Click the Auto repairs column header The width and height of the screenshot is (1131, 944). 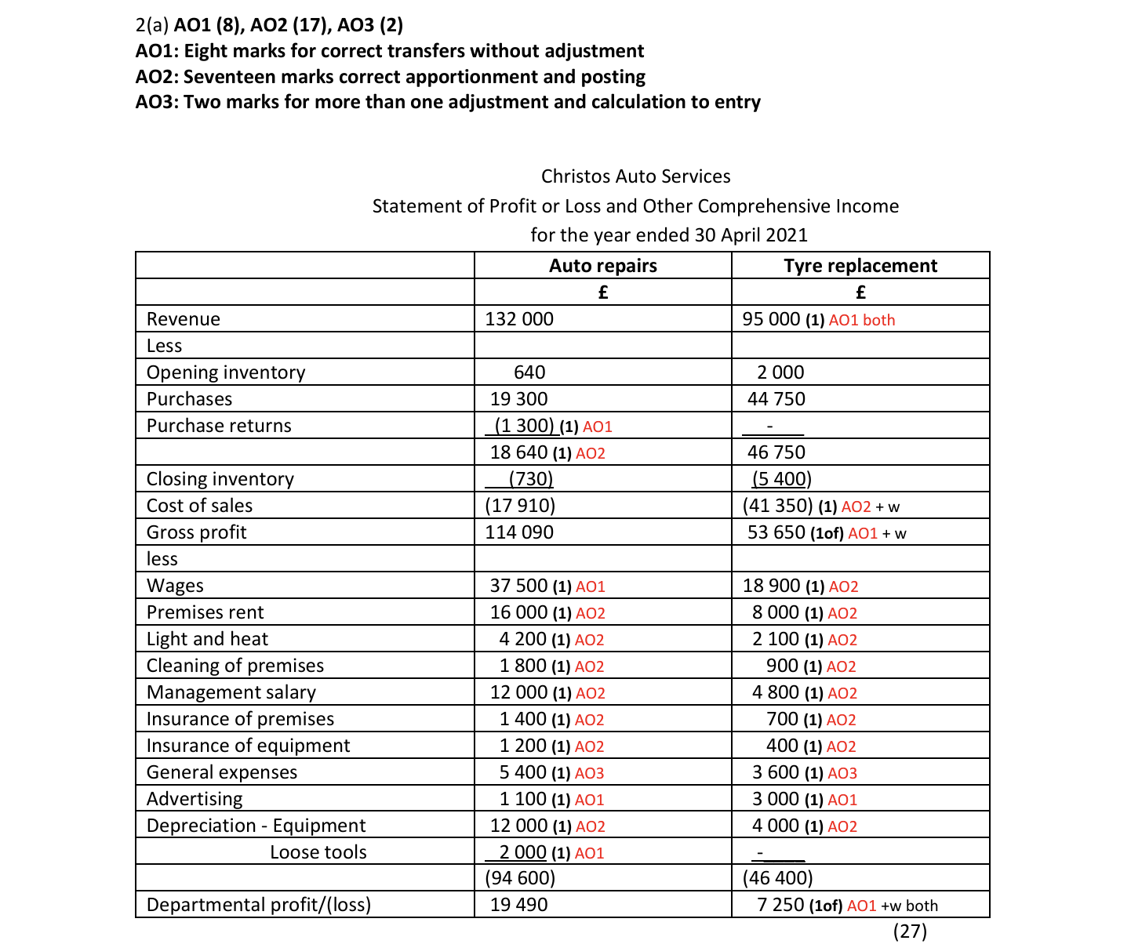click(x=602, y=266)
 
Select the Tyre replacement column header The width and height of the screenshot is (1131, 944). click(x=860, y=266)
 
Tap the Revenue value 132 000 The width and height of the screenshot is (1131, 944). click(x=519, y=319)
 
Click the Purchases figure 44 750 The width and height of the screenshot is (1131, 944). click(x=776, y=399)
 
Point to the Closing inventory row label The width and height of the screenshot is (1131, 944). click(x=220, y=479)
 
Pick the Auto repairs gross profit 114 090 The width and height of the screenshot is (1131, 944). click(x=519, y=532)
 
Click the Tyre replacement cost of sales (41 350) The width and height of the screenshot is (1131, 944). click(x=777, y=506)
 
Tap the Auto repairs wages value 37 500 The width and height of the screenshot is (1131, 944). click(x=518, y=586)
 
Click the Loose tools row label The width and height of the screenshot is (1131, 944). click(x=318, y=852)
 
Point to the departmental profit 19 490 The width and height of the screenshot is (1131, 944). click(x=519, y=905)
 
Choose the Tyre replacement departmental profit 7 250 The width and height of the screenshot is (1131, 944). click(x=780, y=905)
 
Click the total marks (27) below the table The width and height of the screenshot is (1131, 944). click(x=910, y=931)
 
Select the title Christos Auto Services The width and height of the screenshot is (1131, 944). click(x=635, y=176)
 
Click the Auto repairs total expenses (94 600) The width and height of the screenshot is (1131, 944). click(x=520, y=878)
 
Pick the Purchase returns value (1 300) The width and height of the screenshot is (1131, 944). click(x=524, y=426)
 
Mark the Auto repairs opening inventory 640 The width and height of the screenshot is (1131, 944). click(x=529, y=372)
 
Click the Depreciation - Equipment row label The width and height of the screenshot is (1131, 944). click(x=256, y=826)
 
